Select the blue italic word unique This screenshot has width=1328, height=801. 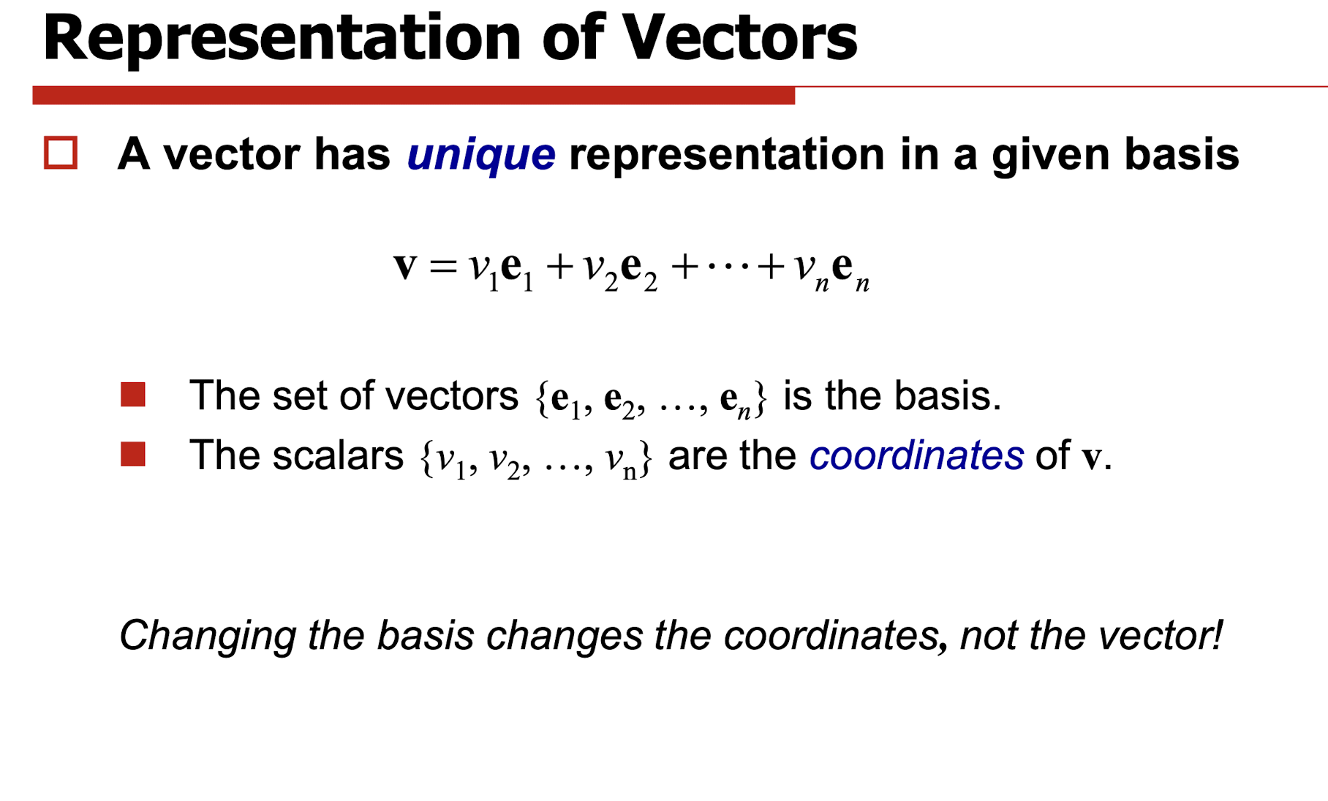click(x=480, y=156)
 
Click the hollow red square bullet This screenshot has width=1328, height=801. click(x=61, y=153)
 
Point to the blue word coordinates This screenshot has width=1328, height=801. click(x=916, y=455)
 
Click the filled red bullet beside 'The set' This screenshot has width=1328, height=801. click(x=133, y=394)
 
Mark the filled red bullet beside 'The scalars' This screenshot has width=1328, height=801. click(x=133, y=454)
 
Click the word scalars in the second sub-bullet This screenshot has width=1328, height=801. click(x=338, y=455)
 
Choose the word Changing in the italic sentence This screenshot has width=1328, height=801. click(x=207, y=635)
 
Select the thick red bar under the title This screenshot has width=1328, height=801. click(x=414, y=95)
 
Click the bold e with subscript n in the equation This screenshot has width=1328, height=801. click(x=850, y=270)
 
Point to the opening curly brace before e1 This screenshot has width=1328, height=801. click(x=542, y=398)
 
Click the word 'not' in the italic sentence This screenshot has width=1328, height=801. click(x=988, y=635)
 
